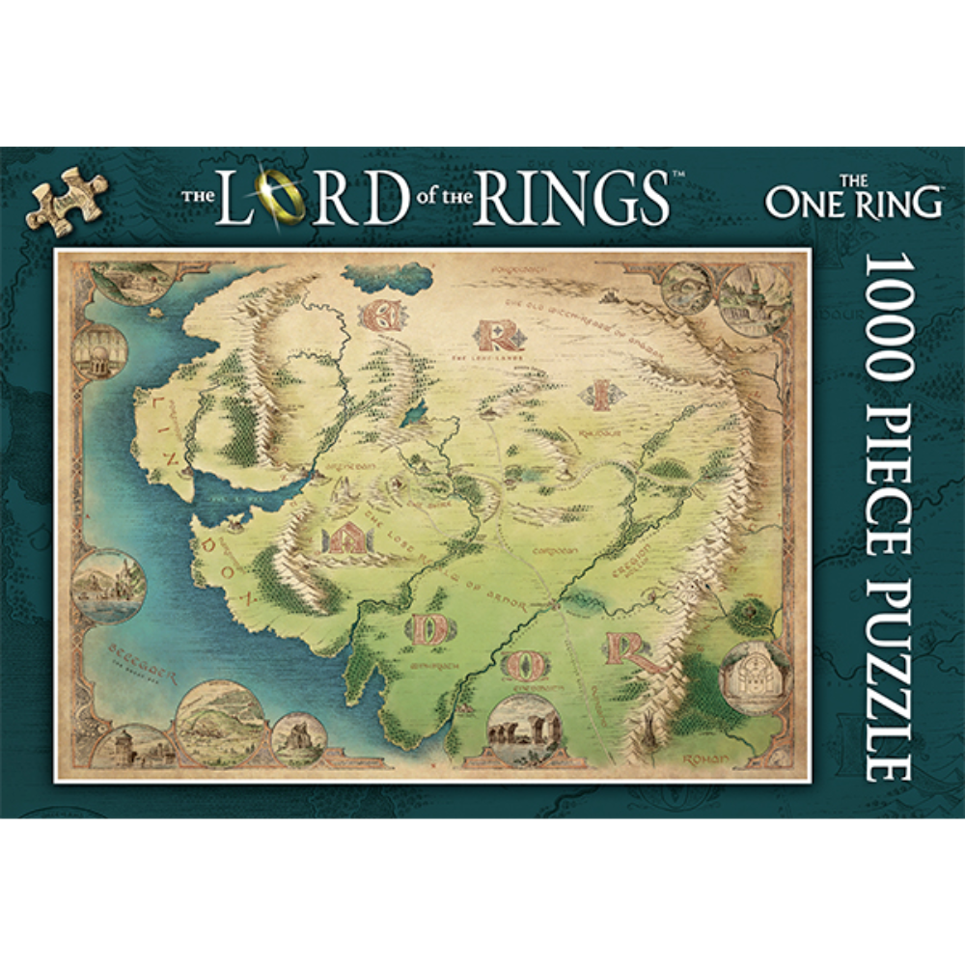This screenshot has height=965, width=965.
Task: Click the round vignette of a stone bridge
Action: (x=221, y=718)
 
